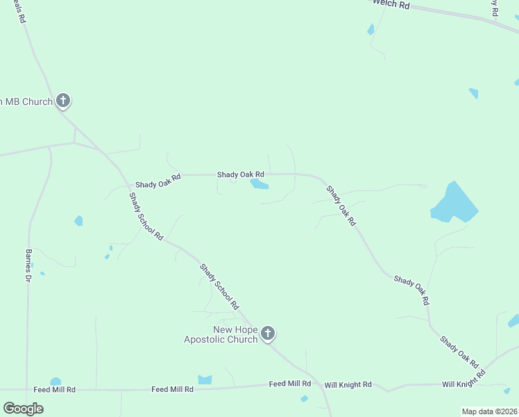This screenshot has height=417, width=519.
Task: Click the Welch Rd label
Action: (x=391, y=4)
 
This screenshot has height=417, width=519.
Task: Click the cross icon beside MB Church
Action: (x=63, y=101)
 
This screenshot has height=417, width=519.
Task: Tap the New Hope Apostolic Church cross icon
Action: (x=268, y=334)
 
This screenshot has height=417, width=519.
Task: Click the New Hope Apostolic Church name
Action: (x=221, y=334)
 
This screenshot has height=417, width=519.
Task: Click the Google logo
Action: (x=24, y=408)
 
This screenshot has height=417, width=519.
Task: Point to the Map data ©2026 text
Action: (x=489, y=411)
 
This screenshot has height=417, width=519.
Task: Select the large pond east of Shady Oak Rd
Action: (x=454, y=204)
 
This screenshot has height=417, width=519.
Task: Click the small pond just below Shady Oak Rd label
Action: (x=259, y=184)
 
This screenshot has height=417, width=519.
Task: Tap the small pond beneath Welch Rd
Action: (x=371, y=29)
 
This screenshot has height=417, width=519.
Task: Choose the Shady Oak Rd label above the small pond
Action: (x=240, y=174)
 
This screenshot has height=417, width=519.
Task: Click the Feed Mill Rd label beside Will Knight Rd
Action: (x=290, y=384)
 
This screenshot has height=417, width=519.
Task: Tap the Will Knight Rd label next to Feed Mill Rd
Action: (x=348, y=384)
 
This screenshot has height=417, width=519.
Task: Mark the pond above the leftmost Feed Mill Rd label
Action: (x=56, y=382)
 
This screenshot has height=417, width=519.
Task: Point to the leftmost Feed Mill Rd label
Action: (x=54, y=390)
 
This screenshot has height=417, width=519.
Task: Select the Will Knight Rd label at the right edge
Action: (x=466, y=384)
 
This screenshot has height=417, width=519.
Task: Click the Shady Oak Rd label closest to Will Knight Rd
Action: (x=459, y=352)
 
